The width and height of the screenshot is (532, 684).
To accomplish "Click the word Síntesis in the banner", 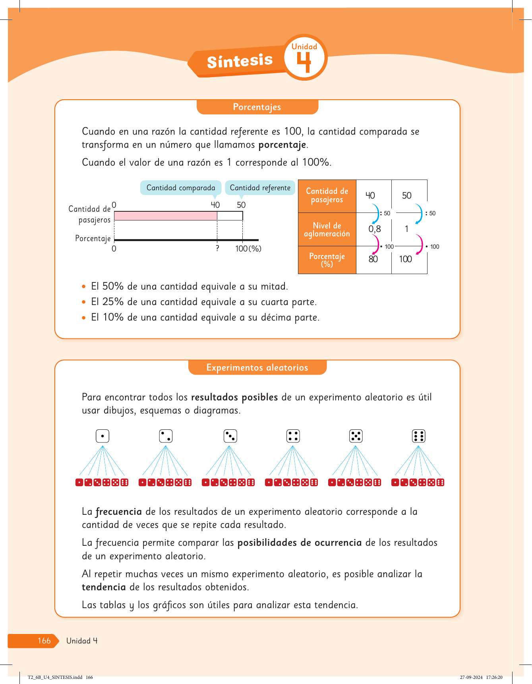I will tap(240, 61).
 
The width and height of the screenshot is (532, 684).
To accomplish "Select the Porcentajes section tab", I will tap(257, 107).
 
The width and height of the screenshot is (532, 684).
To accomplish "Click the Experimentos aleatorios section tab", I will tap(257, 368).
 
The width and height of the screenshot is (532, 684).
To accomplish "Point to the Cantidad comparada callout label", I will tap(181, 188).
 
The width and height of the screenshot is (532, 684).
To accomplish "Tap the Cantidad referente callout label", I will tap(260, 188).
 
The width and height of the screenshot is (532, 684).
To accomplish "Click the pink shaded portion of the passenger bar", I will tap(165, 216).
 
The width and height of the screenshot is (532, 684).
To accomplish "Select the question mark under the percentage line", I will tap(217, 249).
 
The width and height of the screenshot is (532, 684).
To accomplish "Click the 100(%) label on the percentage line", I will tap(248, 249).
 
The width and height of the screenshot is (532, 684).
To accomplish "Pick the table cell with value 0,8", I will tap(374, 229).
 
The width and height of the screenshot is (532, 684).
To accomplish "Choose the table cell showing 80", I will tap(373, 259).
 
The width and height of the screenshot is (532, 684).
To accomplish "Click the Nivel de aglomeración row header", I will tap(327, 230).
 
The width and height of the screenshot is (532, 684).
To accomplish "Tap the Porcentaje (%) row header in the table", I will tap(327, 260).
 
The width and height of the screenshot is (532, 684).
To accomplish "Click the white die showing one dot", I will tap(103, 436).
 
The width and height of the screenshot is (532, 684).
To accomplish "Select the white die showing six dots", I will tap(419, 436).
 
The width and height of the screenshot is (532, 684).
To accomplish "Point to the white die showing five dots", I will tap(356, 436).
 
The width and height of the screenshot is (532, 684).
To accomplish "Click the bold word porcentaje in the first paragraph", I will tap(282, 145).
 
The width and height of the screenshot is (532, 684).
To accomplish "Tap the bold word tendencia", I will tap(104, 587).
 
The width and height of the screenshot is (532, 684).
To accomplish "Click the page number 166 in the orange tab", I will tap(44, 641).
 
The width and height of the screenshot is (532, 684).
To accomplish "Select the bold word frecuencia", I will tap(118, 512).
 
